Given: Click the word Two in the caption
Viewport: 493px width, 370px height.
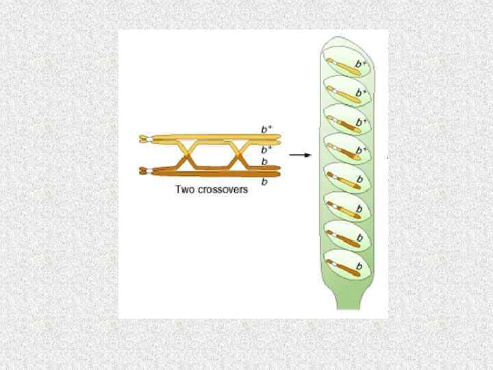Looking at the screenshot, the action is [x=186, y=190].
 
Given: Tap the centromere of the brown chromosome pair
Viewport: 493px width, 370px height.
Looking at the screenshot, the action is [x=143, y=171].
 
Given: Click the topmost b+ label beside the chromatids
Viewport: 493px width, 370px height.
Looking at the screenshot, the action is [x=267, y=129].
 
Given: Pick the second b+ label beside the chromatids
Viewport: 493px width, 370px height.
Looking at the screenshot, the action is [x=267, y=149].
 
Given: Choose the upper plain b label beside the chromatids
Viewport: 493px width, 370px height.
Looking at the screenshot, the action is [x=265, y=162].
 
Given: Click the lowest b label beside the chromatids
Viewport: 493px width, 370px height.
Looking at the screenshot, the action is [x=264, y=182].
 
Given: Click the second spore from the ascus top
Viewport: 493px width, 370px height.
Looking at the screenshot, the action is [x=346, y=93].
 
